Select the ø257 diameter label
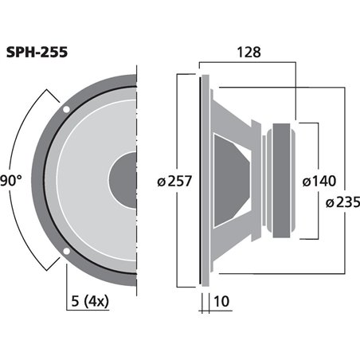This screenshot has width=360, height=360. [174, 182]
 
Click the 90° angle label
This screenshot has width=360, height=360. [10, 178]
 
